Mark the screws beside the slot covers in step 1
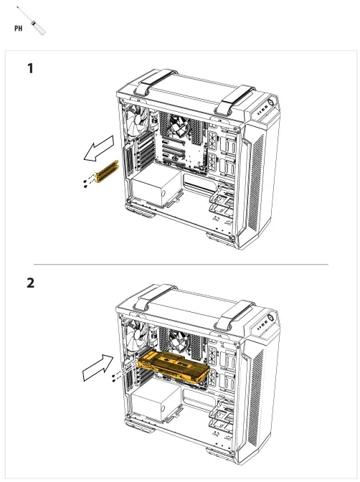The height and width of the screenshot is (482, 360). [x=87, y=181]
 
